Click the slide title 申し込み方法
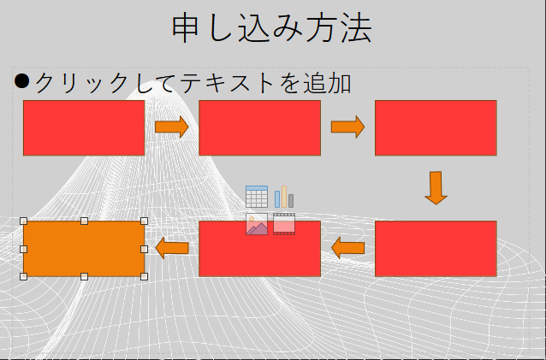pos(272,28)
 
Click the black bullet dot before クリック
pos(21,81)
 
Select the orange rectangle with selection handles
pos(84,249)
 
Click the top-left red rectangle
pos(84,127)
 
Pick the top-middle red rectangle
pos(260,127)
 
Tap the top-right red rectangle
pos(436,127)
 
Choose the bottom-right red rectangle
pos(436,249)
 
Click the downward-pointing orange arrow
pos(436,188)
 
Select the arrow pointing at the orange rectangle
pos(172,248)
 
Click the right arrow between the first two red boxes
pos(172,127)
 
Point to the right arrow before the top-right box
pos(347,127)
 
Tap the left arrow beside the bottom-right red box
pos(347,248)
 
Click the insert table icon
pos(257,197)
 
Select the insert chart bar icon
pos(284,197)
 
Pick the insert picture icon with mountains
pos(257,224)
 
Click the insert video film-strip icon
pos(284,224)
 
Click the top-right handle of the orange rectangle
pos(144,221)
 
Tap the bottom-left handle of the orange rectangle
pos(23,276)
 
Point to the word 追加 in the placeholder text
pos(327,84)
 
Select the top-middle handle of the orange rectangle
pos(84,221)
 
